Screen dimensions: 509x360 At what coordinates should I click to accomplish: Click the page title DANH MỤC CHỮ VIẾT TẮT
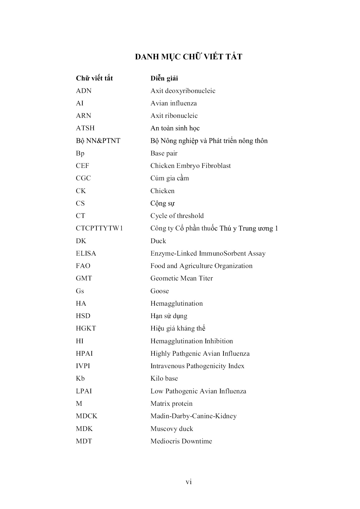click(x=188, y=57)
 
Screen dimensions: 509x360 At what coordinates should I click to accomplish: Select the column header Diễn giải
click(x=164, y=78)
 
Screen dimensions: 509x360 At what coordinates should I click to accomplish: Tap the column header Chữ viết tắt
click(x=94, y=78)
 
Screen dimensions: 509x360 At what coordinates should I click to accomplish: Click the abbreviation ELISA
click(x=86, y=253)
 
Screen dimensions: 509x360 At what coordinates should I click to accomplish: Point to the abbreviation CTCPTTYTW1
click(x=99, y=228)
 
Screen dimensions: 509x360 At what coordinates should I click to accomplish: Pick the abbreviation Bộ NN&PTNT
click(x=98, y=141)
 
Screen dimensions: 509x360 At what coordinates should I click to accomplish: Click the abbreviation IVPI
click(x=83, y=366)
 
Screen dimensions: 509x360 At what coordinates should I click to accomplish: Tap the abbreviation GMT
click(x=84, y=278)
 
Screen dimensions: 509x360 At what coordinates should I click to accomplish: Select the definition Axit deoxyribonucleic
click(x=183, y=91)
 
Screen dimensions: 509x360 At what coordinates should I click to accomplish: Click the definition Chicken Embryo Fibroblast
click(x=191, y=166)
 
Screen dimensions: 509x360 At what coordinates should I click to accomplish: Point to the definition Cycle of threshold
click(x=177, y=216)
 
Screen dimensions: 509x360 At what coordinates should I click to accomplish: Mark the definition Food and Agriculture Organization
click(x=201, y=266)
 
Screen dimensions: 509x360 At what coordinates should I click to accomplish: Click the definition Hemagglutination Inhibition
click(x=192, y=341)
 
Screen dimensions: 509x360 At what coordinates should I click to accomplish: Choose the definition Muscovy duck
click(x=172, y=429)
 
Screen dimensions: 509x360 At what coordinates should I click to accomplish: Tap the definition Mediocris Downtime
click(x=181, y=441)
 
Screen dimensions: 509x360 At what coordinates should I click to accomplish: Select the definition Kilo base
click(x=164, y=378)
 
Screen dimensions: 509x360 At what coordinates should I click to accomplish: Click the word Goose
click(x=159, y=291)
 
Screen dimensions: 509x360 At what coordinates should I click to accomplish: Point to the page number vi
click(x=189, y=482)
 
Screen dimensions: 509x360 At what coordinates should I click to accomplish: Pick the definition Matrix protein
click(x=171, y=404)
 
